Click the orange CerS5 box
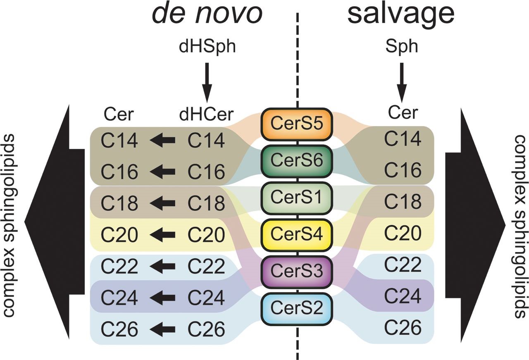(297, 124)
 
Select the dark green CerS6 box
(297, 159)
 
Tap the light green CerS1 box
(297, 196)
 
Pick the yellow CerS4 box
(297, 234)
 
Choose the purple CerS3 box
(297, 271)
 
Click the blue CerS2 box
(297, 308)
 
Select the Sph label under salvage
(402, 46)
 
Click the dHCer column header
(207, 114)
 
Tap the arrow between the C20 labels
(162, 235)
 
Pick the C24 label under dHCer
(206, 298)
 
